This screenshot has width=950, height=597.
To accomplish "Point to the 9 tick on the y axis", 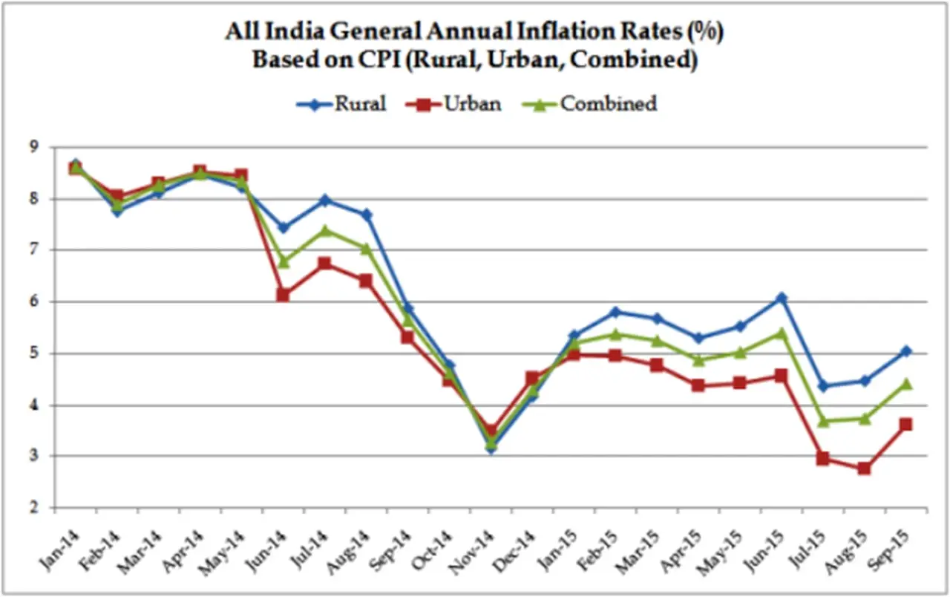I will pyautogui.click(x=34, y=147).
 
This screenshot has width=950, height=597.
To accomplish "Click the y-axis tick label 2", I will pyautogui.click(x=34, y=509).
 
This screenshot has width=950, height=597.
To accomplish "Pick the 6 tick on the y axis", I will pyautogui.click(x=34, y=302).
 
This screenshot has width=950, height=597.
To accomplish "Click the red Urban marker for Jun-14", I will pyautogui.click(x=283, y=295).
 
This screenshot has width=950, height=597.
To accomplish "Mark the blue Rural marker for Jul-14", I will pyautogui.click(x=325, y=200).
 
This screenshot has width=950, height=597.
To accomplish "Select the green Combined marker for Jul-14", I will pyautogui.click(x=325, y=230).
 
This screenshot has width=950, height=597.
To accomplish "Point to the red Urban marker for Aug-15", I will pyautogui.click(x=864, y=468).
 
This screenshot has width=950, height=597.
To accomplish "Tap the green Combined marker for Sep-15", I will pyautogui.click(x=905, y=383).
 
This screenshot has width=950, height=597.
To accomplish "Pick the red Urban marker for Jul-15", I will pyautogui.click(x=822, y=458).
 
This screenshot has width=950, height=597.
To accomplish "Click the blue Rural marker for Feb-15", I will pyautogui.click(x=615, y=312).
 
